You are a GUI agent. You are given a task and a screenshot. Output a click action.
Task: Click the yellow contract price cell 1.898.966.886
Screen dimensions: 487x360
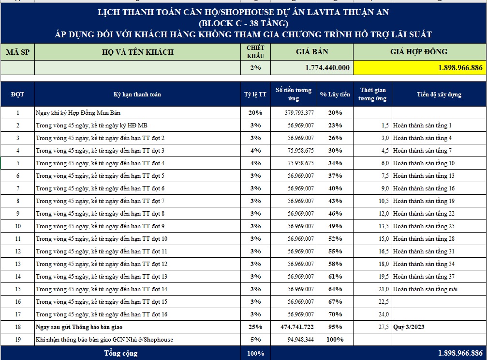click(x=420, y=67)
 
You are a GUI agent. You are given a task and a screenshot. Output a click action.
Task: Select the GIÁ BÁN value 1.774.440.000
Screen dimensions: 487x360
click(x=327, y=67)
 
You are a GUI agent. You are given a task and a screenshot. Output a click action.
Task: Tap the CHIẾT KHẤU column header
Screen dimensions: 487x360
click(x=255, y=52)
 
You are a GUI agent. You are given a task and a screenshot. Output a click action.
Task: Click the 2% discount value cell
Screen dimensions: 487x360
click(x=255, y=67)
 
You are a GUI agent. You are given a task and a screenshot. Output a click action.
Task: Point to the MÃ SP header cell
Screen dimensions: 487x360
click(x=18, y=52)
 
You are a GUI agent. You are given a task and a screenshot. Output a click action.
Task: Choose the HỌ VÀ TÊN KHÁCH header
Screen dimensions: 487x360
click(x=138, y=52)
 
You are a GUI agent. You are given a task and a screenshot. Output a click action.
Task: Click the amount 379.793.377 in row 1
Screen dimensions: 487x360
click(x=299, y=112)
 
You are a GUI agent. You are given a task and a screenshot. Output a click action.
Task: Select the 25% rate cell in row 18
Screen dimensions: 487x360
click(x=255, y=327)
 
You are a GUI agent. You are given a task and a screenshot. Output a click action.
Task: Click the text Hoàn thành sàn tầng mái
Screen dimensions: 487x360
click(x=425, y=289)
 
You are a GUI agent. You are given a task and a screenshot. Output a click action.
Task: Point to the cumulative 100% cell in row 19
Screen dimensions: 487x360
click(x=335, y=340)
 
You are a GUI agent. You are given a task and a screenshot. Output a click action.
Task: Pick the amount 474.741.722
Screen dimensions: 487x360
click(x=297, y=327)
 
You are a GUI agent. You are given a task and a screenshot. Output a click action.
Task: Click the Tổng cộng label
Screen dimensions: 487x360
click(x=120, y=353)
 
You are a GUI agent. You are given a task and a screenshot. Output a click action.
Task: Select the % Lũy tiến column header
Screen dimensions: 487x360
click(x=335, y=94)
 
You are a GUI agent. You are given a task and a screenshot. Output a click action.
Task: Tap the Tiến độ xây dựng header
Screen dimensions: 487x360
click(x=439, y=94)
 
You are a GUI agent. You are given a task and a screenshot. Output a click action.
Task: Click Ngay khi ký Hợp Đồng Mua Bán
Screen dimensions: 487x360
click(x=78, y=112)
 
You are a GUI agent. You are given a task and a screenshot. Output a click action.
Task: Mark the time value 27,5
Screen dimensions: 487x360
click(x=384, y=327)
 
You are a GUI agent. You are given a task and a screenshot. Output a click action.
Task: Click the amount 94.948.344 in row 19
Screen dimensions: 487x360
click(x=300, y=340)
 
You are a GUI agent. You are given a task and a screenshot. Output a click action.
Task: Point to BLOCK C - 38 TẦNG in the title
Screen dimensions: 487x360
click(x=244, y=23)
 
